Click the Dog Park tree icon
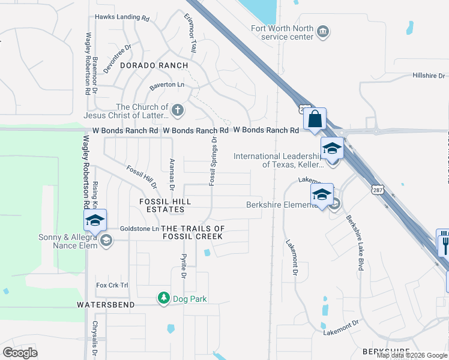click(x=163, y=298)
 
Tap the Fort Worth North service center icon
click(x=323, y=32)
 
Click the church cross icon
click(x=177, y=110)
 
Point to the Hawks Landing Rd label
click(x=122, y=18)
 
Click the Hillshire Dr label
click(x=429, y=76)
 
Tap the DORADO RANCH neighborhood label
click(x=154, y=65)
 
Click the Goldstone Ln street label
click(x=139, y=229)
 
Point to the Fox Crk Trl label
click(x=112, y=285)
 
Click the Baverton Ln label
click(x=167, y=85)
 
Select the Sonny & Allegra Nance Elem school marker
click(x=95, y=221)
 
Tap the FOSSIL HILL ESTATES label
click(x=162, y=205)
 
